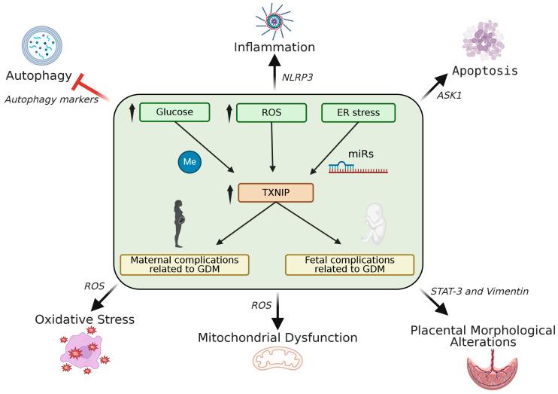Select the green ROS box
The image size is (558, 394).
[271, 113]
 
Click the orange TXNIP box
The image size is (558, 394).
[275, 194]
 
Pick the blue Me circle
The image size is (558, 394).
[188, 162]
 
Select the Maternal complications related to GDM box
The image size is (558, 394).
[184, 264]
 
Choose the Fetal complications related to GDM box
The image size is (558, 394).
[350, 264]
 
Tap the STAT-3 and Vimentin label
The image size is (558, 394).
[471, 291]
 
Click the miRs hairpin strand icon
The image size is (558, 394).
[358, 167]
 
